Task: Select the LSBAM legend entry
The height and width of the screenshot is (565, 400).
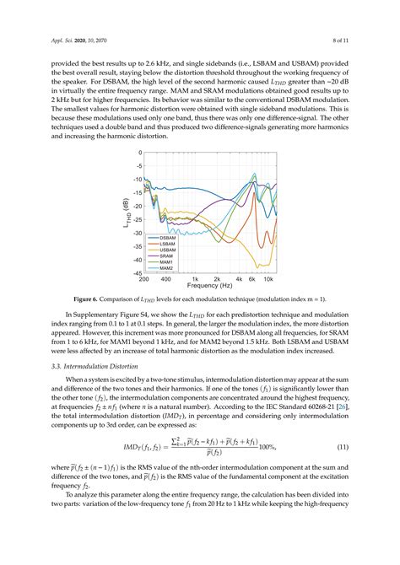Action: (169, 244)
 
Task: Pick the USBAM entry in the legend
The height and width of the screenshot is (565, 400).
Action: (169, 250)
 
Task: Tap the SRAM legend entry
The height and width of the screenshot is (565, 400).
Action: (168, 256)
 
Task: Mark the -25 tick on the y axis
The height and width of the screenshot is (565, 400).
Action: (136, 220)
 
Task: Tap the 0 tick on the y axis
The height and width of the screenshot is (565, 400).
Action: (139, 153)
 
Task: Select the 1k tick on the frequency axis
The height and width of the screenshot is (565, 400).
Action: (195, 280)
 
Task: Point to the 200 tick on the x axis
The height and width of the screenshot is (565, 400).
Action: (144, 280)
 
